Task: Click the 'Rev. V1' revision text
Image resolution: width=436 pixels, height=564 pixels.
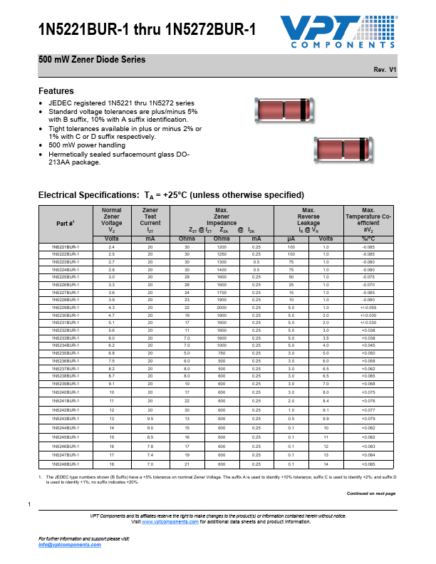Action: click(384, 70)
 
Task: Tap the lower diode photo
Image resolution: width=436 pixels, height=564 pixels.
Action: click(341, 150)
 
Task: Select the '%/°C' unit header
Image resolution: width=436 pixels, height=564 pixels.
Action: click(368, 239)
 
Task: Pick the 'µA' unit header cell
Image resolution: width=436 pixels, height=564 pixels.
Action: click(291, 239)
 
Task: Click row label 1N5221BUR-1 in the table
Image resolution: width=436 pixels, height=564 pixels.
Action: click(66, 246)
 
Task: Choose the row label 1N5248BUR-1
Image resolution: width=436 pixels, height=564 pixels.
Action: click(66, 464)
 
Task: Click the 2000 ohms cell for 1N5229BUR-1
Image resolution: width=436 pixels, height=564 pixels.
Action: click(222, 307)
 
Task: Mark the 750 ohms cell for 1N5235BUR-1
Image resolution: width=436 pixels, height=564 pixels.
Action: click(222, 352)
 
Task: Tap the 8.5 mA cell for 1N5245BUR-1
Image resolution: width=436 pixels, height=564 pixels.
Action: click(150, 437)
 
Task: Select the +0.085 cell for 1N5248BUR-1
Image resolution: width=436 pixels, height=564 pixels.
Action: click(368, 464)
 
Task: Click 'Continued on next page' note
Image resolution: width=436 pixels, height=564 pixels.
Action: click(370, 493)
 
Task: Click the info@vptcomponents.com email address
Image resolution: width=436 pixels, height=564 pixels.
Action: click(69, 544)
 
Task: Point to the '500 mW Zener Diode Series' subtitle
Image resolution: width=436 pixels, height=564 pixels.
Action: click(92, 59)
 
